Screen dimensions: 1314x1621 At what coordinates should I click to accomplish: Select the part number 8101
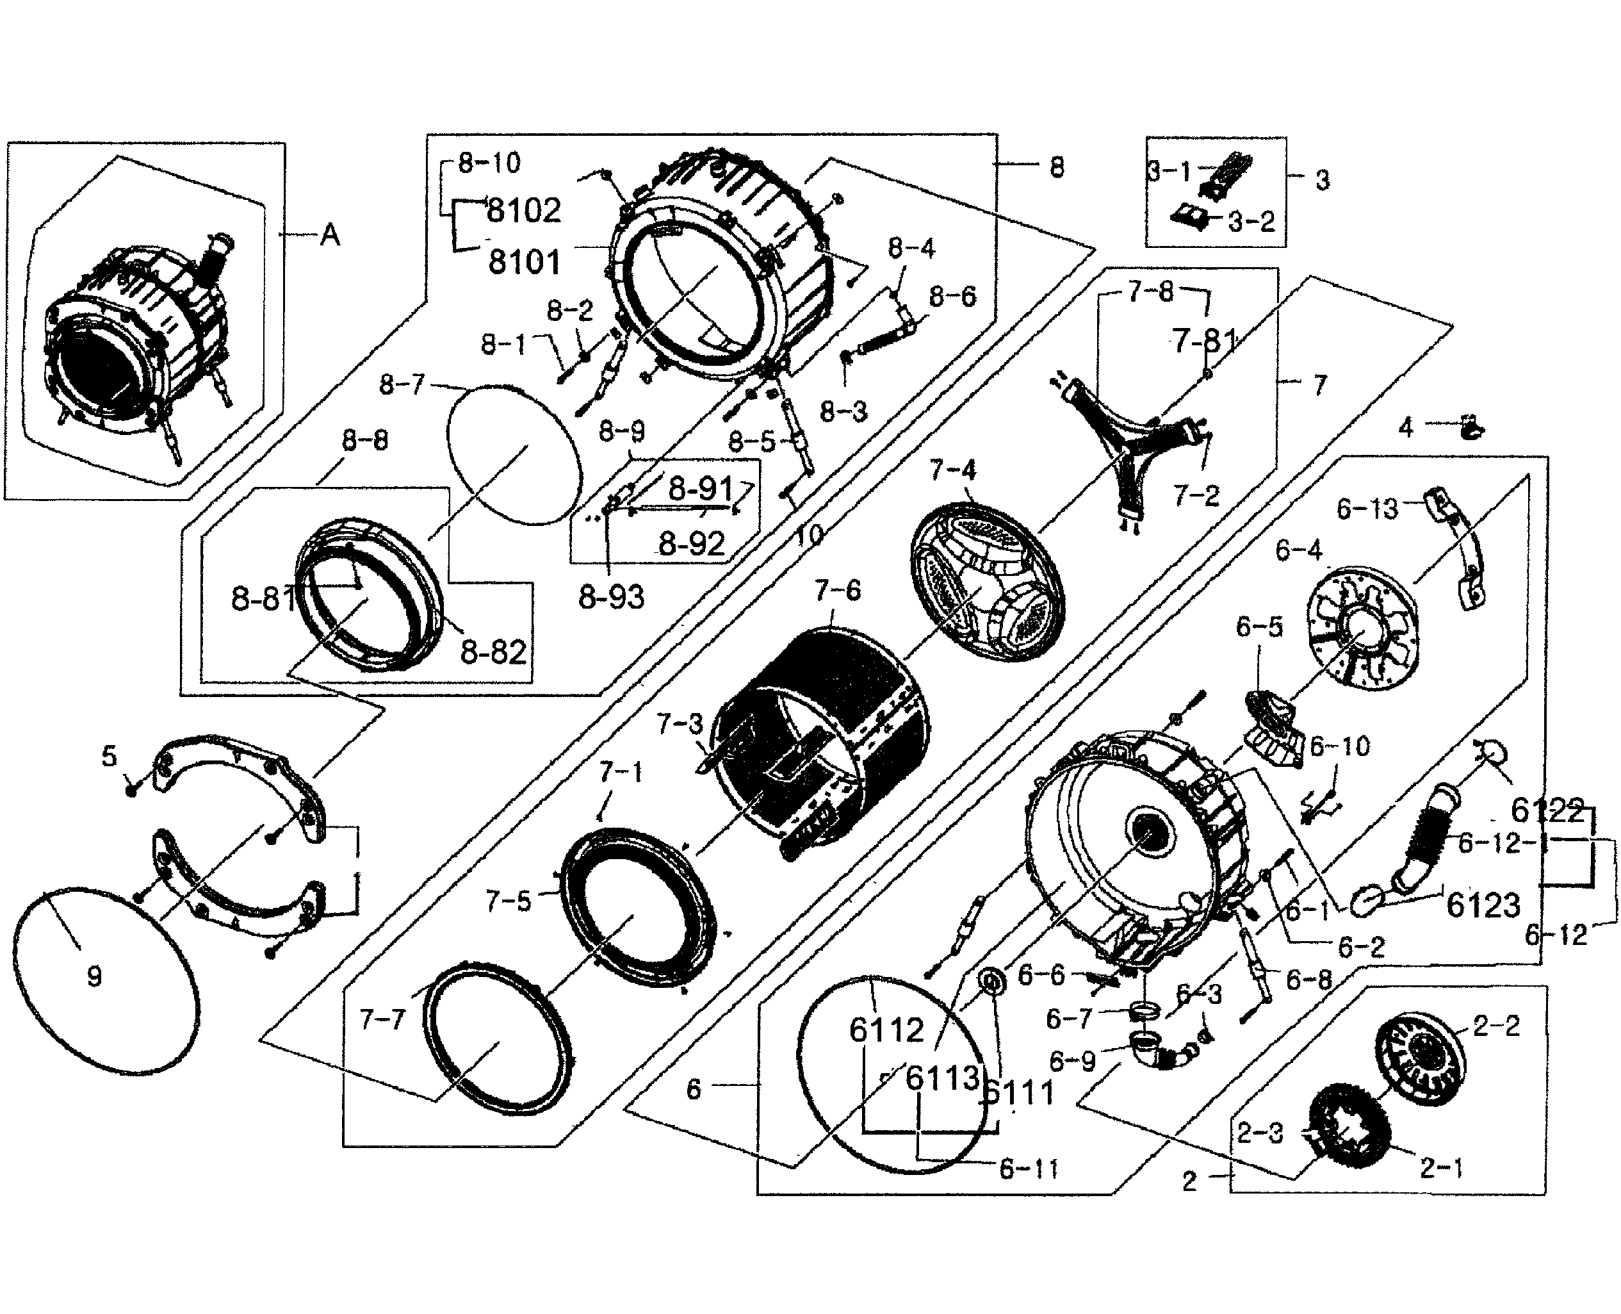(x=525, y=263)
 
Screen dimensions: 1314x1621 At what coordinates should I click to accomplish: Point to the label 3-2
(x=1251, y=222)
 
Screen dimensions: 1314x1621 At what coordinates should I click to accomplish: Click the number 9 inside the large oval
(x=94, y=976)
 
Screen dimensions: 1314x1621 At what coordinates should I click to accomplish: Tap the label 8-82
(x=493, y=652)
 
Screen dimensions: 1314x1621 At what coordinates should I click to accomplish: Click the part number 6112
(x=886, y=1030)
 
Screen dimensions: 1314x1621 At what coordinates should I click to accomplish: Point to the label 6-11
(x=1029, y=1169)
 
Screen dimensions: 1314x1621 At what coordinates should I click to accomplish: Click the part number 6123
(x=1483, y=905)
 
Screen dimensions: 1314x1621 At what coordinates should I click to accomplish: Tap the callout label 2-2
(x=1496, y=1026)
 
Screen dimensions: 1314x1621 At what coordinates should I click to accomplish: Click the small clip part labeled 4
(x=1470, y=429)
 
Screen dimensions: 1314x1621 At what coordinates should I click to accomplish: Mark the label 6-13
(x=1367, y=509)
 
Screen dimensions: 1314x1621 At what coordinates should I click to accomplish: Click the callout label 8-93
(x=611, y=597)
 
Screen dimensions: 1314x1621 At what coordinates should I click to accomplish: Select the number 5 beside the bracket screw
(x=109, y=755)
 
